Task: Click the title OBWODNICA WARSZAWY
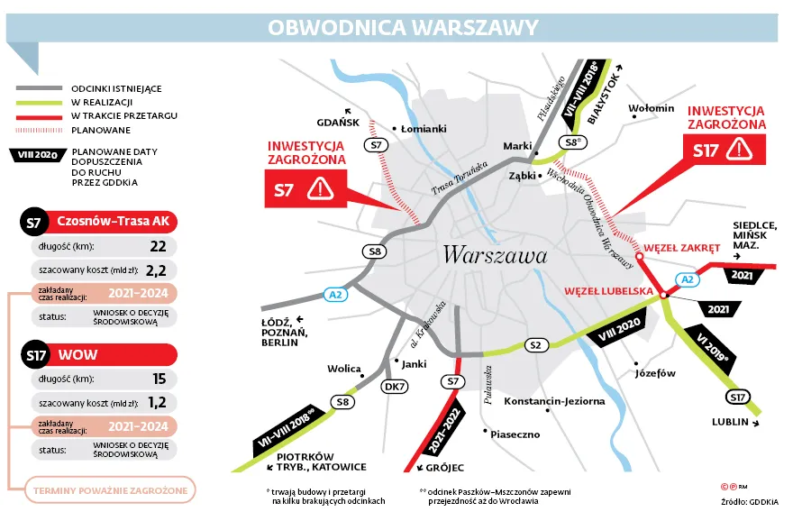(x=402, y=27)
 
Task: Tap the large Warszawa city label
(x=495, y=255)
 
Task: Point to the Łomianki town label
(x=424, y=129)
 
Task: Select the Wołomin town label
(x=652, y=109)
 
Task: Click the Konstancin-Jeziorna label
(x=554, y=401)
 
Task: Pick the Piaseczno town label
(x=515, y=434)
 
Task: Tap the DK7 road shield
(x=394, y=386)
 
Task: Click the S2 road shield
(x=535, y=345)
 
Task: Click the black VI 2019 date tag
(x=712, y=352)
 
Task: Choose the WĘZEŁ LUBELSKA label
(x=607, y=291)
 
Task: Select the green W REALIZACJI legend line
(x=39, y=103)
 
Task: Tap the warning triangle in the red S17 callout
(x=739, y=149)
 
